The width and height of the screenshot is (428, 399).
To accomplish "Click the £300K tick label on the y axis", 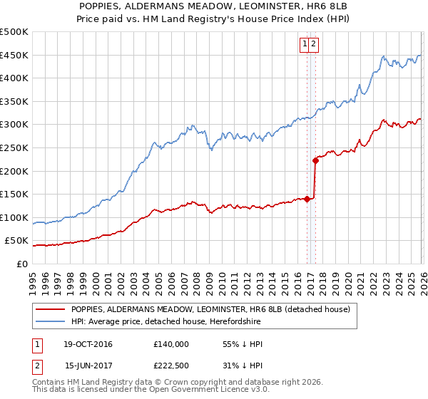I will [x=14, y=125].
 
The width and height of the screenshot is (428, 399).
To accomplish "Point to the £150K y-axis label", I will [x=14, y=194].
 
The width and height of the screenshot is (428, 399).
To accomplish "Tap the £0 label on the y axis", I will [x=22, y=264].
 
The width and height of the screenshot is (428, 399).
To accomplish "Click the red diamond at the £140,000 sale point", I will [x=307, y=199].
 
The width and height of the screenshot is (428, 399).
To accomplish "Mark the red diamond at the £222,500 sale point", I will [x=315, y=161].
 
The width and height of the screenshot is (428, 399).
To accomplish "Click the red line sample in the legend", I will [x=50, y=309].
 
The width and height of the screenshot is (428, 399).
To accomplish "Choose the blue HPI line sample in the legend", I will [x=50, y=322].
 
